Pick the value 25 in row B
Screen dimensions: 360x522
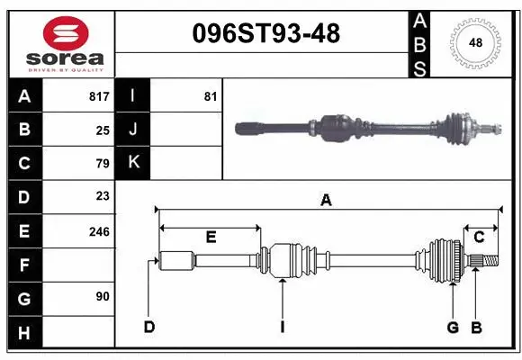point(103,130)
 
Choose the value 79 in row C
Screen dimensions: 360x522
point(103,163)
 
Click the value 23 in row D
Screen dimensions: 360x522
point(103,196)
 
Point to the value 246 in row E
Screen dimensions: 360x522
point(99,231)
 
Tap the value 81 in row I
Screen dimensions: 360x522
point(210,96)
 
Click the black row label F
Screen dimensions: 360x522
point(23,265)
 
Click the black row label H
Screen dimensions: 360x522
point(23,333)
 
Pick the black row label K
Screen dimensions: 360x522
point(133,163)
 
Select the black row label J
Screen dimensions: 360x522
point(133,130)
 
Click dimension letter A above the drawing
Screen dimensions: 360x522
point(326,201)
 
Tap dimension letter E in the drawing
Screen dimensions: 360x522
point(211,238)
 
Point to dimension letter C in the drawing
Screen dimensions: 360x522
point(479,238)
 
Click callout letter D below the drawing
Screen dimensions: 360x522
point(148,327)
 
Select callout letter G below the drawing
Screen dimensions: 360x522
point(453,327)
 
